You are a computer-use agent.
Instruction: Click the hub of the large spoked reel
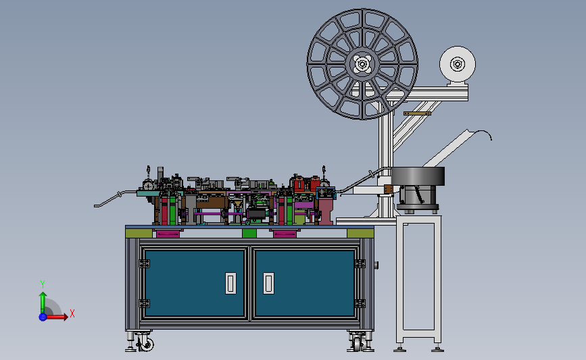tap(362, 64)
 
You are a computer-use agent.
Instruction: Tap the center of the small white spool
tap(458, 64)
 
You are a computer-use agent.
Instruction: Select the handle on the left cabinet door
tap(230, 283)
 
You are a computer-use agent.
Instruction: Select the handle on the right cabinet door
tap(269, 283)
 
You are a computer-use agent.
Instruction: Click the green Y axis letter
tap(43, 284)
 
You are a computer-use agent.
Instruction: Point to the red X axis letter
tap(72, 313)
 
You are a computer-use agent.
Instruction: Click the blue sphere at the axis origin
tap(43, 317)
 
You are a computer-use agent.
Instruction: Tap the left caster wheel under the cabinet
tap(146, 344)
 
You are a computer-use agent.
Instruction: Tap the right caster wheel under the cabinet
tap(358, 344)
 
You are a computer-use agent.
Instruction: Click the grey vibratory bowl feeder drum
tap(418, 176)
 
